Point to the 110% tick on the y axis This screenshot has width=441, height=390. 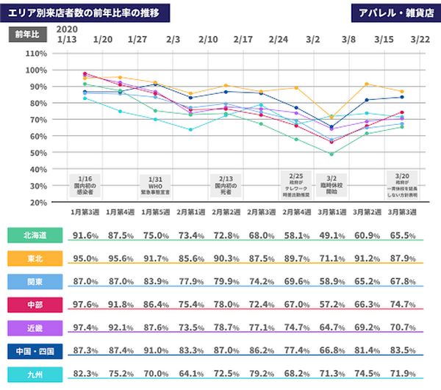click(36, 53)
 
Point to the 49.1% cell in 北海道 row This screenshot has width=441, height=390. click(331, 236)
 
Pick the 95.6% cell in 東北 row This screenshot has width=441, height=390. click(121, 259)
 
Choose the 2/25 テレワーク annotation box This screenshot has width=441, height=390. click(296, 185)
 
